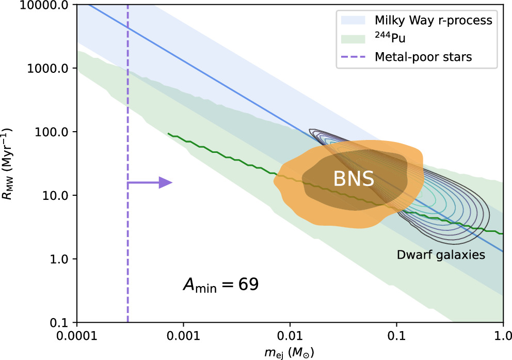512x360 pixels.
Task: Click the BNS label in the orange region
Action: click(353, 179)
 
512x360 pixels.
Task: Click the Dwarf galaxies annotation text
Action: click(441, 254)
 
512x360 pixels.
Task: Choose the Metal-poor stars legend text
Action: click(423, 57)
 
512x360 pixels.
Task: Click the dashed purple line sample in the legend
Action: click(353, 57)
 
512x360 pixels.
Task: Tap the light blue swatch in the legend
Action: click(353, 21)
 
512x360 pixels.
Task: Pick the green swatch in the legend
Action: click(353, 39)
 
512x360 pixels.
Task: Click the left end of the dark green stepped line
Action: click(169, 134)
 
